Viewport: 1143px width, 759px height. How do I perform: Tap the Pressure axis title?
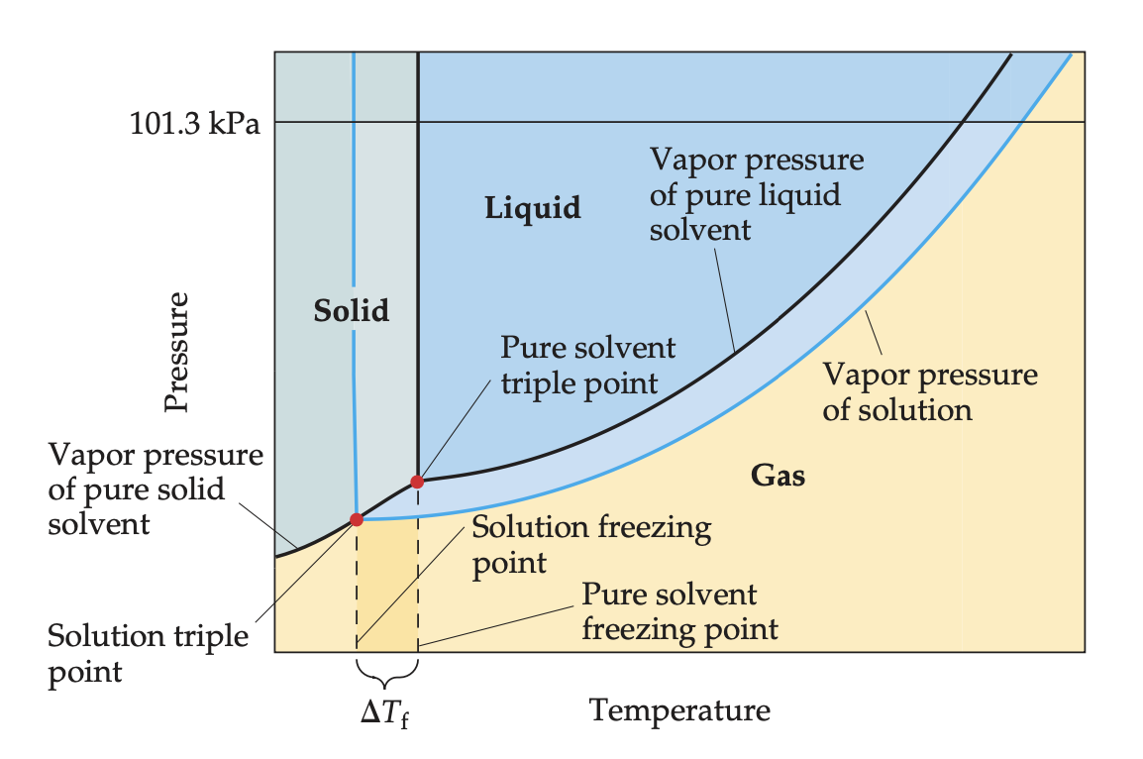(x=177, y=351)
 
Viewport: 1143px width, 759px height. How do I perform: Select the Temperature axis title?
(x=679, y=709)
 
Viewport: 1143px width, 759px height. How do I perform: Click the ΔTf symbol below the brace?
(x=384, y=712)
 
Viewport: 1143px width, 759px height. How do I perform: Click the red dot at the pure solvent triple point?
(x=417, y=482)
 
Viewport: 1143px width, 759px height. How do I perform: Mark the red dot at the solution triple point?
(x=357, y=519)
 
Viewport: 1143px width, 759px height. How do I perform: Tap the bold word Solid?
(x=352, y=311)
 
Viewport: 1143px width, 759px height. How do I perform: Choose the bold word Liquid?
(x=532, y=208)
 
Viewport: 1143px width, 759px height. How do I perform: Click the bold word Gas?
(x=778, y=476)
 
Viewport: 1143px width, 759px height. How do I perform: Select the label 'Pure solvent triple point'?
(x=587, y=365)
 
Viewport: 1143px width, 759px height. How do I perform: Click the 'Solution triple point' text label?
(x=148, y=653)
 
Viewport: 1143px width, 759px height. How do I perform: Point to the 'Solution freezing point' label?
(x=590, y=544)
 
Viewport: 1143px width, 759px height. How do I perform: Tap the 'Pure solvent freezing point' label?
(x=678, y=611)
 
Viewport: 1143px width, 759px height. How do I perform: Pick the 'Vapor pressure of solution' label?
(x=929, y=391)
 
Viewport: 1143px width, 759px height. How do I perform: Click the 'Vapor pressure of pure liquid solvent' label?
(x=756, y=194)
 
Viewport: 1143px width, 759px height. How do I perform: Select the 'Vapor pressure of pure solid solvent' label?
(x=155, y=488)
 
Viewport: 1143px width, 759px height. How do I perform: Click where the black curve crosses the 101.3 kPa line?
(x=964, y=122)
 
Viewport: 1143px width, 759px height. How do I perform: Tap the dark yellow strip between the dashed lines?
(x=386, y=585)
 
